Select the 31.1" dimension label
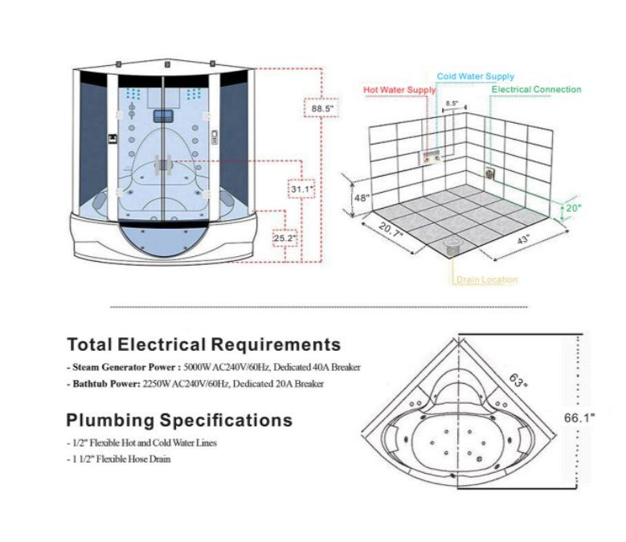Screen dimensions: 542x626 [302, 189]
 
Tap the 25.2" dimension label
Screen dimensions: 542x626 [284, 238]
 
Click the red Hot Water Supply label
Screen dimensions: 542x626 [399, 91]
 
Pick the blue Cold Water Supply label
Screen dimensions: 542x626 [476, 76]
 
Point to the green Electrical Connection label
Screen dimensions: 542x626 [536, 89]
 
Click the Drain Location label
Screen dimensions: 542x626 [487, 279]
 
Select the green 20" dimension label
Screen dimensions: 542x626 [572, 207]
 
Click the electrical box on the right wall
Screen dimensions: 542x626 [489, 171]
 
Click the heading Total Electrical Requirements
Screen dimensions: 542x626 [203, 345]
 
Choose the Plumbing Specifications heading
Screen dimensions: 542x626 [179, 420]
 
